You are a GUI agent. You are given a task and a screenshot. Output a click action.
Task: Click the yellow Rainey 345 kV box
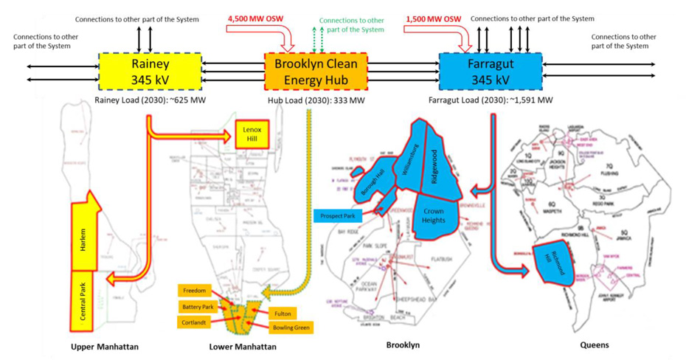click(150, 72)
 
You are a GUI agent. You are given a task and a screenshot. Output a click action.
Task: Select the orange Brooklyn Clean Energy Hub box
click(316, 72)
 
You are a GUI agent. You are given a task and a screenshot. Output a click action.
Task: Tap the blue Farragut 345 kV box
click(491, 72)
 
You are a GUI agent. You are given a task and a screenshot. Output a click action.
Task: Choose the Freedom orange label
click(194, 291)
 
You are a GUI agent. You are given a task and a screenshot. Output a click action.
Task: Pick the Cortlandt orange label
click(194, 322)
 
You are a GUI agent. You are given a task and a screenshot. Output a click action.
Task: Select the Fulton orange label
click(283, 314)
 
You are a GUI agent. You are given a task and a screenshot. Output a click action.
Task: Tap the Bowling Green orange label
click(291, 327)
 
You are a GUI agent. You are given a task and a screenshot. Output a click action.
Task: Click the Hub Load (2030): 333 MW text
click(316, 100)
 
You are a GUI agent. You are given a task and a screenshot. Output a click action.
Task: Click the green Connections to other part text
click(351, 24)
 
